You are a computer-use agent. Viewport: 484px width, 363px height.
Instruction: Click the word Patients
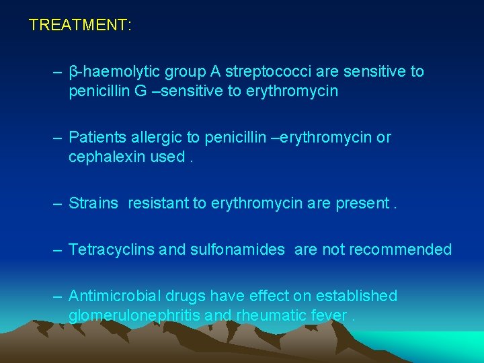pos(96,137)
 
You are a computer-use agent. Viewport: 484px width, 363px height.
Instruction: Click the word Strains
pos(93,203)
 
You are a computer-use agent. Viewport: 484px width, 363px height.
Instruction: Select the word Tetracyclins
pos(112,249)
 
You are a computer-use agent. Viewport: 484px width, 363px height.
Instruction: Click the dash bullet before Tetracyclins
pos(58,249)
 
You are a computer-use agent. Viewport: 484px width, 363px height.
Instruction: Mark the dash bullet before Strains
pos(58,203)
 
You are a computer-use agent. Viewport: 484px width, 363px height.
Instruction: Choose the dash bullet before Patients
pos(58,137)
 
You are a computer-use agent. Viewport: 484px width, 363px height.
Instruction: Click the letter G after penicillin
pos(140,91)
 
